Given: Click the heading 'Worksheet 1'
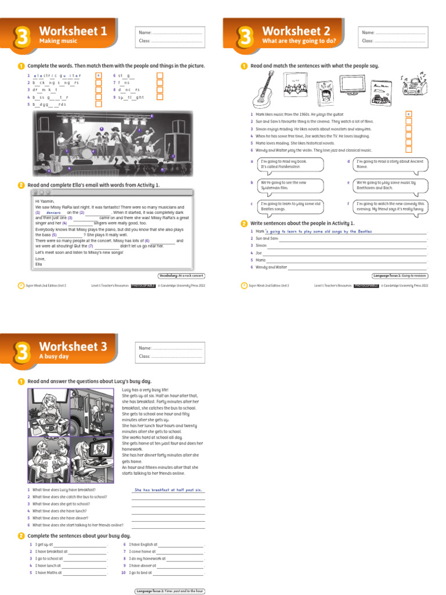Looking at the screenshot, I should tap(73, 31).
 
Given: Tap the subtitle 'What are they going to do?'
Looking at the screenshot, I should tap(299, 41).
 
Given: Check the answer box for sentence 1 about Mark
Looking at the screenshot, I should tap(408, 114).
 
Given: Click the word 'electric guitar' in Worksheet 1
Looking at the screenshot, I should tap(57, 76).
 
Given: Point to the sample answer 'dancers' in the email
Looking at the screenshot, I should tap(53, 213).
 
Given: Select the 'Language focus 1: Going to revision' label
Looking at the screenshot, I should tap(400, 275).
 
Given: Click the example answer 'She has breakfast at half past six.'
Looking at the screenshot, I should tap(168, 490).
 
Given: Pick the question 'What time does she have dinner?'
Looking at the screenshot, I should tap(60, 518).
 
